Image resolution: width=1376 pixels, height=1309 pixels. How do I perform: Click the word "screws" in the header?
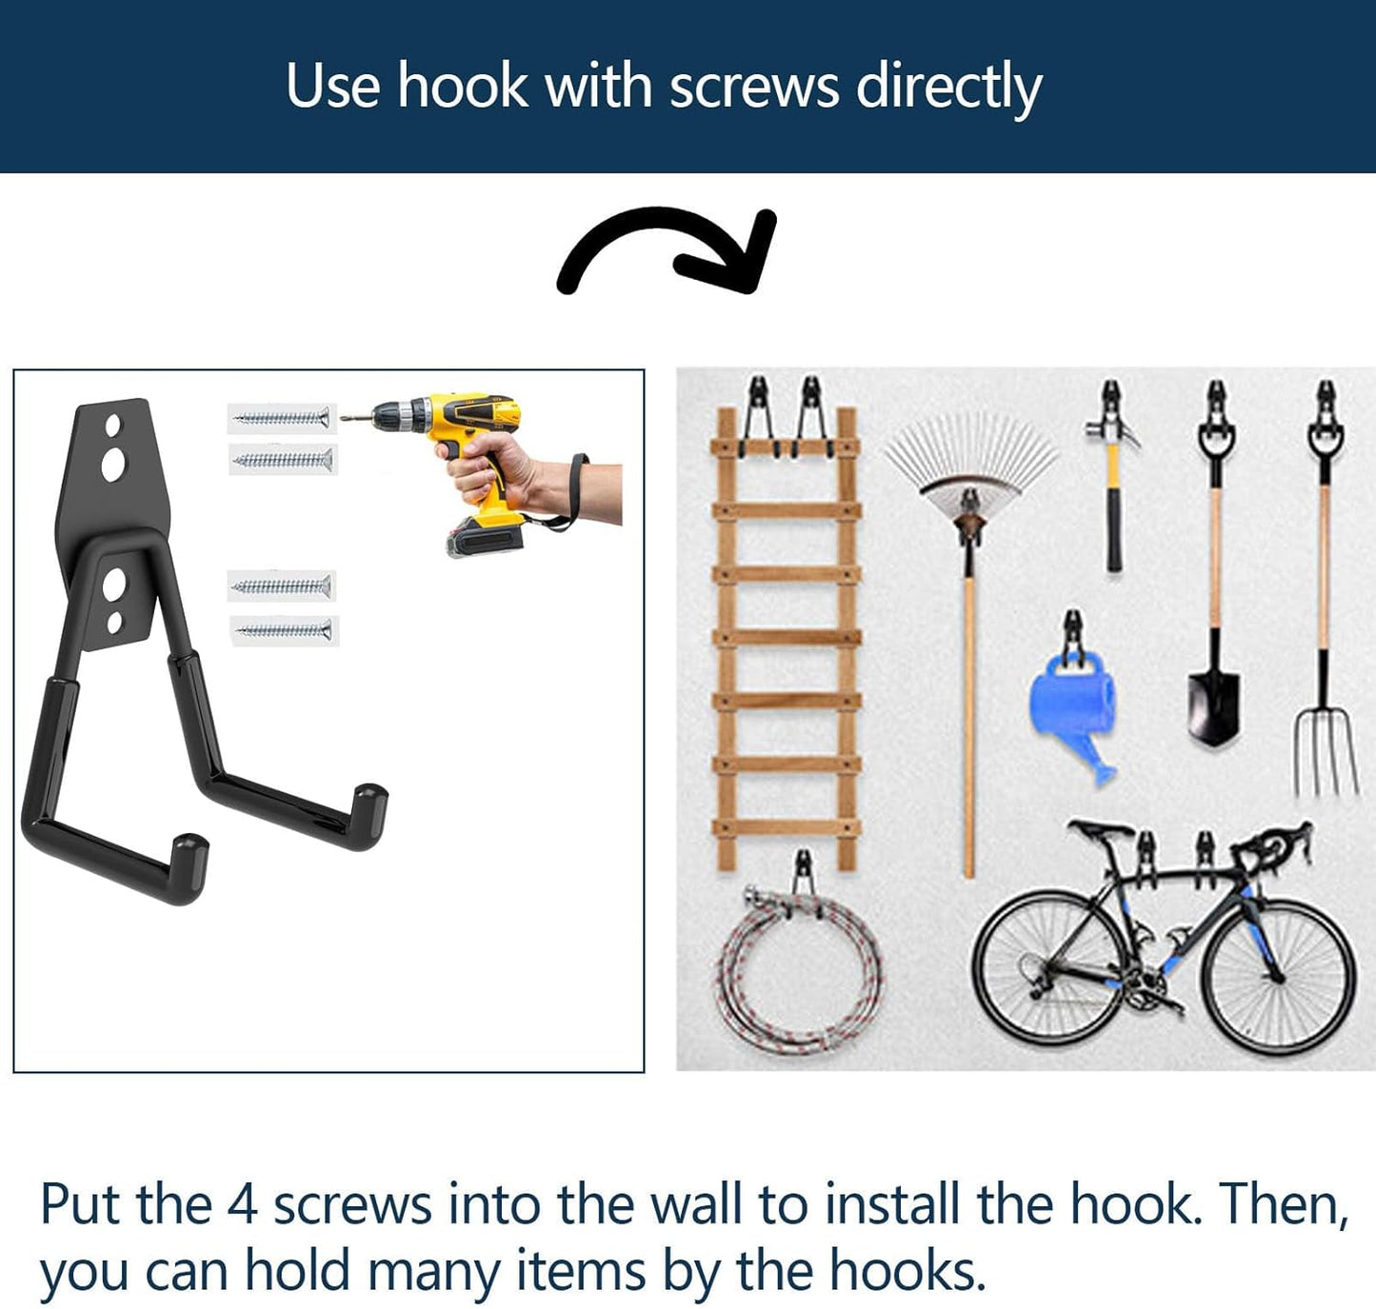pyautogui.click(x=753, y=87)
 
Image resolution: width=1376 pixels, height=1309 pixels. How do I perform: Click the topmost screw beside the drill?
pyautogui.click(x=282, y=418)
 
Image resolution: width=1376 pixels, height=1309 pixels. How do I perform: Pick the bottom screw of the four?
pyautogui.click(x=284, y=630)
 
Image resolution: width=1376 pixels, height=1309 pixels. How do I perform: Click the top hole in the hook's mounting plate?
pyautogui.click(x=114, y=423)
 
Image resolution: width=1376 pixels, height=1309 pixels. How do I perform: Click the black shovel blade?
pyautogui.click(x=1213, y=705)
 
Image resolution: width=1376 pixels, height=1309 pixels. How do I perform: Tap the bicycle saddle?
pyautogui.click(x=1098, y=827)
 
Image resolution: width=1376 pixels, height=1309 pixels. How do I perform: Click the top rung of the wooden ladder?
pyautogui.click(x=786, y=446)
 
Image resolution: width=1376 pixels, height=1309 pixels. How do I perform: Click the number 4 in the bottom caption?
pyautogui.click(x=242, y=1204)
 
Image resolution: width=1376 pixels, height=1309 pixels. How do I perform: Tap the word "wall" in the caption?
pyautogui.click(x=695, y=1204)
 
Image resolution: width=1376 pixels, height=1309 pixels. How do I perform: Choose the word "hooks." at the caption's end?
pyautogui.click(x=907, y=1271)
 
